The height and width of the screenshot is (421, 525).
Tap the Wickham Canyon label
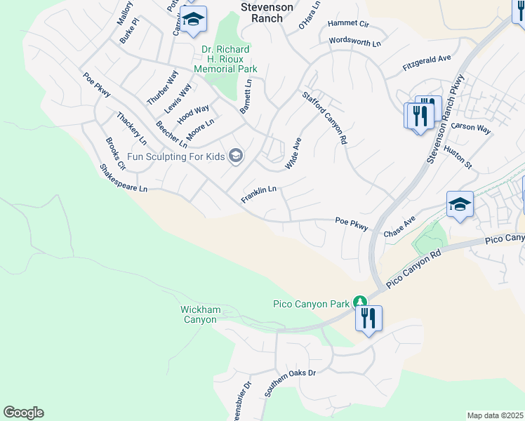(200, 314)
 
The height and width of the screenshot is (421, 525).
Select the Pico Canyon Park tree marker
(360, 302)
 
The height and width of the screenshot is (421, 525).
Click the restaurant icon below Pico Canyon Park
(368, 319)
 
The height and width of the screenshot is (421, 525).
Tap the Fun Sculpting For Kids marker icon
(236, 156)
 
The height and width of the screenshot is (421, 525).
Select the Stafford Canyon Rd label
(325, 118)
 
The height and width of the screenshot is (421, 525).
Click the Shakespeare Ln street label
(124, 179)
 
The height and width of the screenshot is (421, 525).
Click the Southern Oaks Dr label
(290, 381)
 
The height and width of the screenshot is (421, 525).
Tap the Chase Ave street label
(399, 226)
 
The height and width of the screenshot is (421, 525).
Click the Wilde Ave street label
(293, 154)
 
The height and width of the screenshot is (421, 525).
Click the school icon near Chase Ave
(460, 205)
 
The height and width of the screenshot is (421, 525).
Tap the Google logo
(23, 413)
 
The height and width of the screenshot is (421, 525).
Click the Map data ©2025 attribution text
(494, 415)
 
